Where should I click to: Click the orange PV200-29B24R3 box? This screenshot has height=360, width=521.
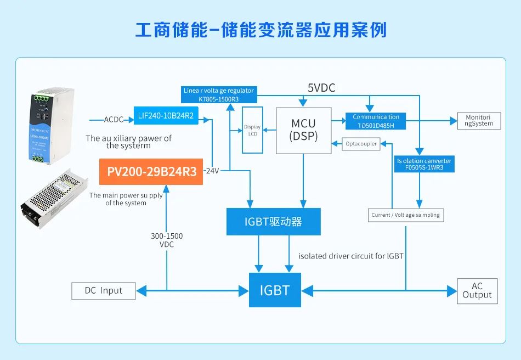151,171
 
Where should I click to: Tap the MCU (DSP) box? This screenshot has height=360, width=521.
303,130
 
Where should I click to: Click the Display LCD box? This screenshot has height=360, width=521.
252,130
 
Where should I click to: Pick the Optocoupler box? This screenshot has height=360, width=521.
361,144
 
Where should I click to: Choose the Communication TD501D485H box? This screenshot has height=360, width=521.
376,121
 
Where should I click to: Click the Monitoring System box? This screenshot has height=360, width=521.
479,120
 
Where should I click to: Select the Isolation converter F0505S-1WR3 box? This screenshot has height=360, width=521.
424,164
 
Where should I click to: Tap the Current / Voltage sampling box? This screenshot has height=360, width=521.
405,215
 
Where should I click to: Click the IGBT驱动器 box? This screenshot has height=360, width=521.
273,222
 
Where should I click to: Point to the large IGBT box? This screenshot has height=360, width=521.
274,290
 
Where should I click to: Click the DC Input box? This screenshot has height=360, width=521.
103,291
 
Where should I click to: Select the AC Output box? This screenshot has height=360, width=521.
477,290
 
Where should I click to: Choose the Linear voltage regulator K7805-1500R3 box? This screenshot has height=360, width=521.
219,94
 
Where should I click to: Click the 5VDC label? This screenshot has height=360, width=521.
321,88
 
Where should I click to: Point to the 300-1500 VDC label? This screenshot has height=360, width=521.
167,240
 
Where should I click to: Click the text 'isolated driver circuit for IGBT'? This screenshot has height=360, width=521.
351,256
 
